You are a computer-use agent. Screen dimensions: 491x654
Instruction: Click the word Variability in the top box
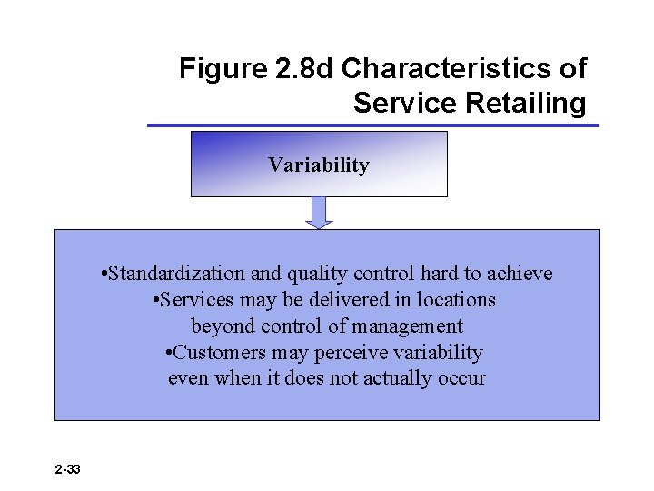(x=318, y=165)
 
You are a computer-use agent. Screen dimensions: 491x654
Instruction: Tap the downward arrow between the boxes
(x=319, y=213)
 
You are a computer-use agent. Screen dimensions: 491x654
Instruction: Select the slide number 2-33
(x=67, y=469)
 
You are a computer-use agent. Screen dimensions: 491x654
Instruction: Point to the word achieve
(x=520, y=274)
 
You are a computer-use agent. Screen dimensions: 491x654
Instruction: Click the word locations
(x=457, y=300)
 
